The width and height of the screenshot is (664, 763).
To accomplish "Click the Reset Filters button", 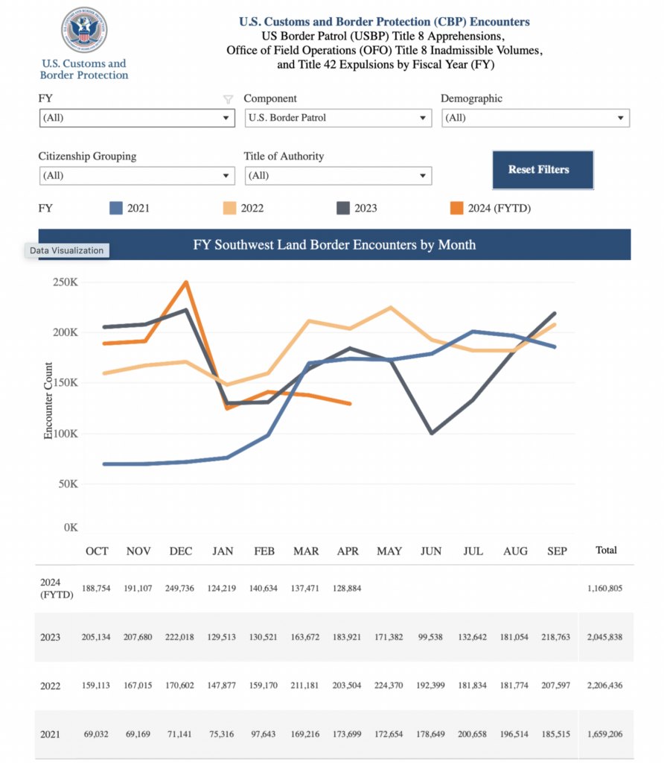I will coord(543,170).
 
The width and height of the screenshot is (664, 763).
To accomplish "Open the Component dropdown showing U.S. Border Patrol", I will coord(338,118).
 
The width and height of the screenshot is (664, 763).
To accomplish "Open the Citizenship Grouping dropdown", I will coord(137,176).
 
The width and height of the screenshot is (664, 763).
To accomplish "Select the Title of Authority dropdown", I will coord(338,176).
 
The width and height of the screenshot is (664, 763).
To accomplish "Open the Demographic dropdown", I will coord(535,118).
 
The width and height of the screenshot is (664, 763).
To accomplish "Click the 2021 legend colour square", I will coord(115,208).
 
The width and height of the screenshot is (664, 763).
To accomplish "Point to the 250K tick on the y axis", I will coord(64,282).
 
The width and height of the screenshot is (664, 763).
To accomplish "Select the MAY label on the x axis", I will coord(389,551).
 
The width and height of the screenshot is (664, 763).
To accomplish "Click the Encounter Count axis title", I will coord(48,400).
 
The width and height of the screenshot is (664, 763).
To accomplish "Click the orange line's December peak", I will coord(185,282).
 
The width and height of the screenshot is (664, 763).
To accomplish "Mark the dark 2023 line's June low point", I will coord(432,433).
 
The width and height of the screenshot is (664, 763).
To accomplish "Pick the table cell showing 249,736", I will coord(181,588).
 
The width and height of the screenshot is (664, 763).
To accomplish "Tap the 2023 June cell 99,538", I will coord(432,637).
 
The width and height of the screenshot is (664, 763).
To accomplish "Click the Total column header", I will coord(606,551).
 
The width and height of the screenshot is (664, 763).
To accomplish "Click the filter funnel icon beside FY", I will coord(229,99).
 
